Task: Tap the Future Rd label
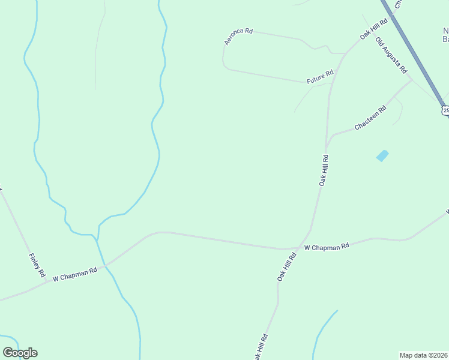point(320,77)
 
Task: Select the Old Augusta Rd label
point(391,55)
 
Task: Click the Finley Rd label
point(37,265)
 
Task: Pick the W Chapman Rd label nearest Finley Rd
point(75,274)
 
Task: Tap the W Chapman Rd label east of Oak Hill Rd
point(327,247)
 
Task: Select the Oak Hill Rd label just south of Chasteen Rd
point(324,170)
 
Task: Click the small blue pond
point(382,156)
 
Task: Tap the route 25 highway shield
point(445,110)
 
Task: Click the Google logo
point(20,353)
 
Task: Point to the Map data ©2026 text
point(423,355)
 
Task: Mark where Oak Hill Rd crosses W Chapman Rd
point(298,247)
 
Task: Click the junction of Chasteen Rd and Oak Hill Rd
point(326,148)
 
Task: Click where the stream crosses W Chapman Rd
point(105,265)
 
